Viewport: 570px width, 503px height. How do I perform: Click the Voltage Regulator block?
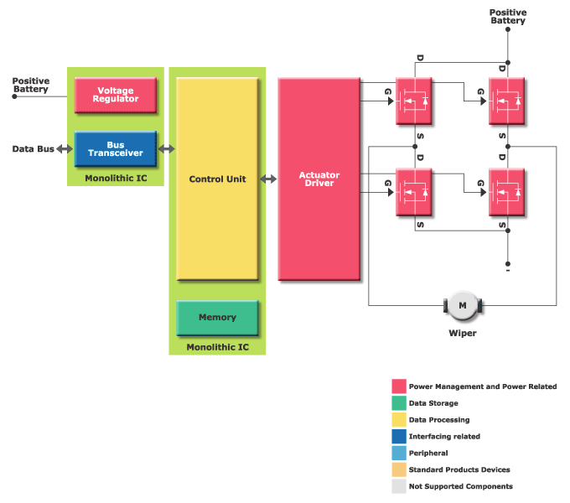[116, 95]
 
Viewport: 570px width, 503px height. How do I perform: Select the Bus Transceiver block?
[116, 149]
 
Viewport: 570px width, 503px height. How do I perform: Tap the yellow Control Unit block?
[217, 179]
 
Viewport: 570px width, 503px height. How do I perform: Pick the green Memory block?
[217, 318]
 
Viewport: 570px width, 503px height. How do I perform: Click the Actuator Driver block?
[319, 179]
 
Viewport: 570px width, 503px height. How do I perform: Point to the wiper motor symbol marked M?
[462, 306]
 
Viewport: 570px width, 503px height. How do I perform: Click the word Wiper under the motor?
[462, 333]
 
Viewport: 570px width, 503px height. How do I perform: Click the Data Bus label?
[33, 149]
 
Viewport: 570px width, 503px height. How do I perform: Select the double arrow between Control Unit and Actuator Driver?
[268, 179]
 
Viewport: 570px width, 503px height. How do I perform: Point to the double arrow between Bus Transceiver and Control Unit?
[167, 149]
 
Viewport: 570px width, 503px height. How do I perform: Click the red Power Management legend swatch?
[399, 386]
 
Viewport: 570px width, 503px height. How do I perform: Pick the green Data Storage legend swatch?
[399, 403]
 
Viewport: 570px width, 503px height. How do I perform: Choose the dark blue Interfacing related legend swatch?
[399, 437]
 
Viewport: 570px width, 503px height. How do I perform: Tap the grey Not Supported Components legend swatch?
[399, 486]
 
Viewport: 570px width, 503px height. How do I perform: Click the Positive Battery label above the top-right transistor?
[507, 17]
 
